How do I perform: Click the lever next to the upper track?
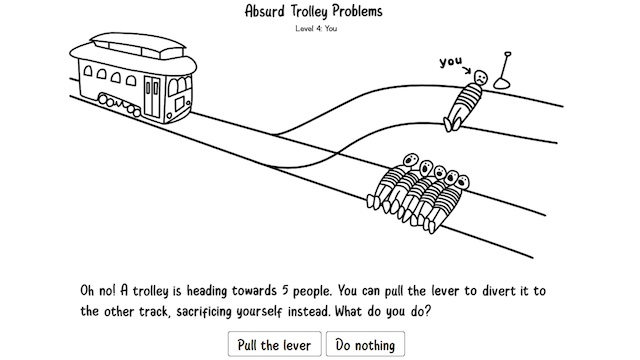[x=507, y=67]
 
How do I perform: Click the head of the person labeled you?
[x=482, y=77]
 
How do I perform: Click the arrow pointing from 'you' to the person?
[x=468, y=70]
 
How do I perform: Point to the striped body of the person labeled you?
[x=465, y=101]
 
